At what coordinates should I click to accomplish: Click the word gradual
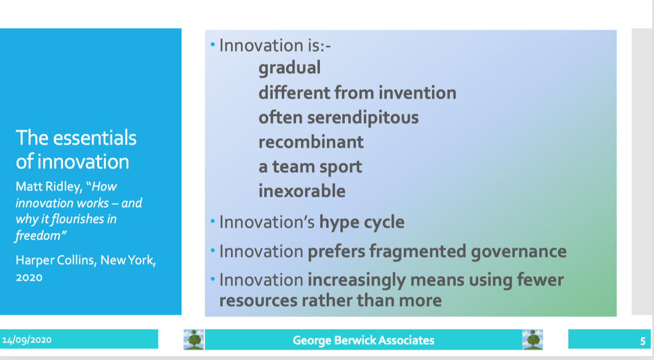pos(290,68)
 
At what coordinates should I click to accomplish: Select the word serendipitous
pos(363,118)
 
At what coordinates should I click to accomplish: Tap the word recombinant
pos(311,142)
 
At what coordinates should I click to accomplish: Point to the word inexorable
pos(302,191)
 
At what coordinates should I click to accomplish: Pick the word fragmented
pos(418,252)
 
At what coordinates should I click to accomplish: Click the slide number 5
pos(643,341)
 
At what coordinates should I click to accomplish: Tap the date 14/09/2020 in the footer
pos(27,340)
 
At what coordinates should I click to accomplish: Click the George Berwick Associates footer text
pos(363,341)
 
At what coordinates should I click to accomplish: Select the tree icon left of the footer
pos(194,340)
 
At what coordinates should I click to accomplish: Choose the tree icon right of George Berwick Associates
pos(532,340)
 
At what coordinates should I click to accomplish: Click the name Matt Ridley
pos(49,187)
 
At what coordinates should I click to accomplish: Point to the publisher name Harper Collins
pos(56,260)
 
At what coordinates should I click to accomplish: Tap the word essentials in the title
pos(95,138)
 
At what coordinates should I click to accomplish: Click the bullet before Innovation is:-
pos(213,44)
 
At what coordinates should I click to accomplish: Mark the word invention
pos(417,93)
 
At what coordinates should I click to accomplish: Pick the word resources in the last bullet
pos(259,300)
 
